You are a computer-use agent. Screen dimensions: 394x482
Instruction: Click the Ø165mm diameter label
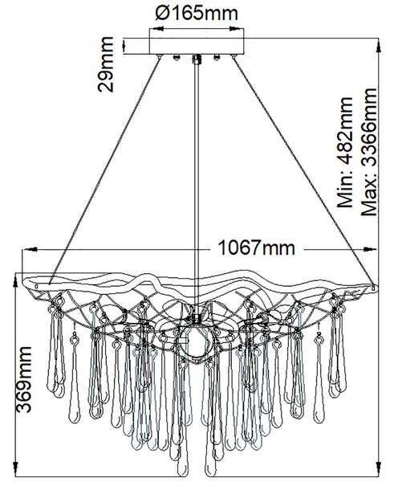click(x=197, y=13)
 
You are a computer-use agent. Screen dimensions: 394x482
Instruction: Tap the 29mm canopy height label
click(x=105, y=64)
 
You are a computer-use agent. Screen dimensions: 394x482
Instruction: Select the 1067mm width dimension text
click(x=257, y=247)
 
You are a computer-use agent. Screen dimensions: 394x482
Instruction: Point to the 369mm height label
click(x=24, y=379)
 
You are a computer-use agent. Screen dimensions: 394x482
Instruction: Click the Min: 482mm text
click(x=344, y=153)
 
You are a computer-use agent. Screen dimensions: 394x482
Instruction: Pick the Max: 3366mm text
click(x=368, y=152)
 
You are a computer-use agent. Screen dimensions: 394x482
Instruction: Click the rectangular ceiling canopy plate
click(x=197, y=46)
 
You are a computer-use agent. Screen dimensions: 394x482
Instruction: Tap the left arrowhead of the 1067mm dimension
click(x=30, y=249)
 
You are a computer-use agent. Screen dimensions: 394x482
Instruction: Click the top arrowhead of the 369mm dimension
click(x=14, y=280)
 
